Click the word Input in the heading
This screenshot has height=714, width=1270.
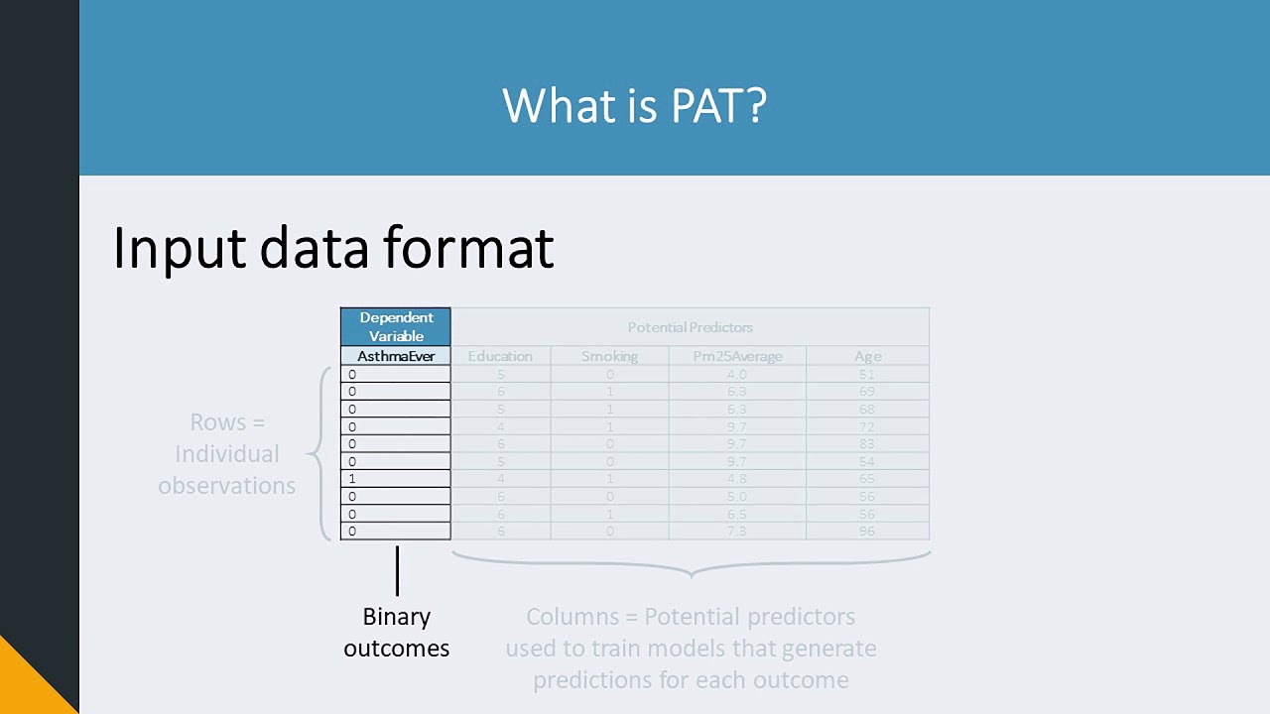click(x=180, y=248)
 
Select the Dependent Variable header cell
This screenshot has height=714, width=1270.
click(x=396, y=326)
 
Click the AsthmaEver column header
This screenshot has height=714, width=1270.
click(x=396, y=356)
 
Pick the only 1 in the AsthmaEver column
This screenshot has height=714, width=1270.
click(x=352, y=479)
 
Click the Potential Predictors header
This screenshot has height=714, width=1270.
click(x=690, y=327)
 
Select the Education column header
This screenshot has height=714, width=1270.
click(x=500, y=356)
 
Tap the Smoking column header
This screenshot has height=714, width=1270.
click(x=609, y=356)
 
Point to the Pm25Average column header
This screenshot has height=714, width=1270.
click(x=736, y=356)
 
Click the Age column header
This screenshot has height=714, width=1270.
click(x=867, y=356)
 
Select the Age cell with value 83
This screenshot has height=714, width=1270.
click(x=867, y=444)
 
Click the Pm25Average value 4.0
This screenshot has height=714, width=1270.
click(x=736, y=375)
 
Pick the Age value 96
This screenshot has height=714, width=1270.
click(x=867, y=532)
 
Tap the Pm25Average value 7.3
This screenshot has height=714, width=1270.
click(x=736, y=532)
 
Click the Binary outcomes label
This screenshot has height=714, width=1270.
click(x=397, y=633)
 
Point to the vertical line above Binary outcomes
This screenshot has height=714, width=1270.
click(x=397, y=570)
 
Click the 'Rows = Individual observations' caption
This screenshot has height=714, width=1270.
click(x=227, y=454)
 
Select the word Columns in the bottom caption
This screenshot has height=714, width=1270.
click(x=571, y=617)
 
